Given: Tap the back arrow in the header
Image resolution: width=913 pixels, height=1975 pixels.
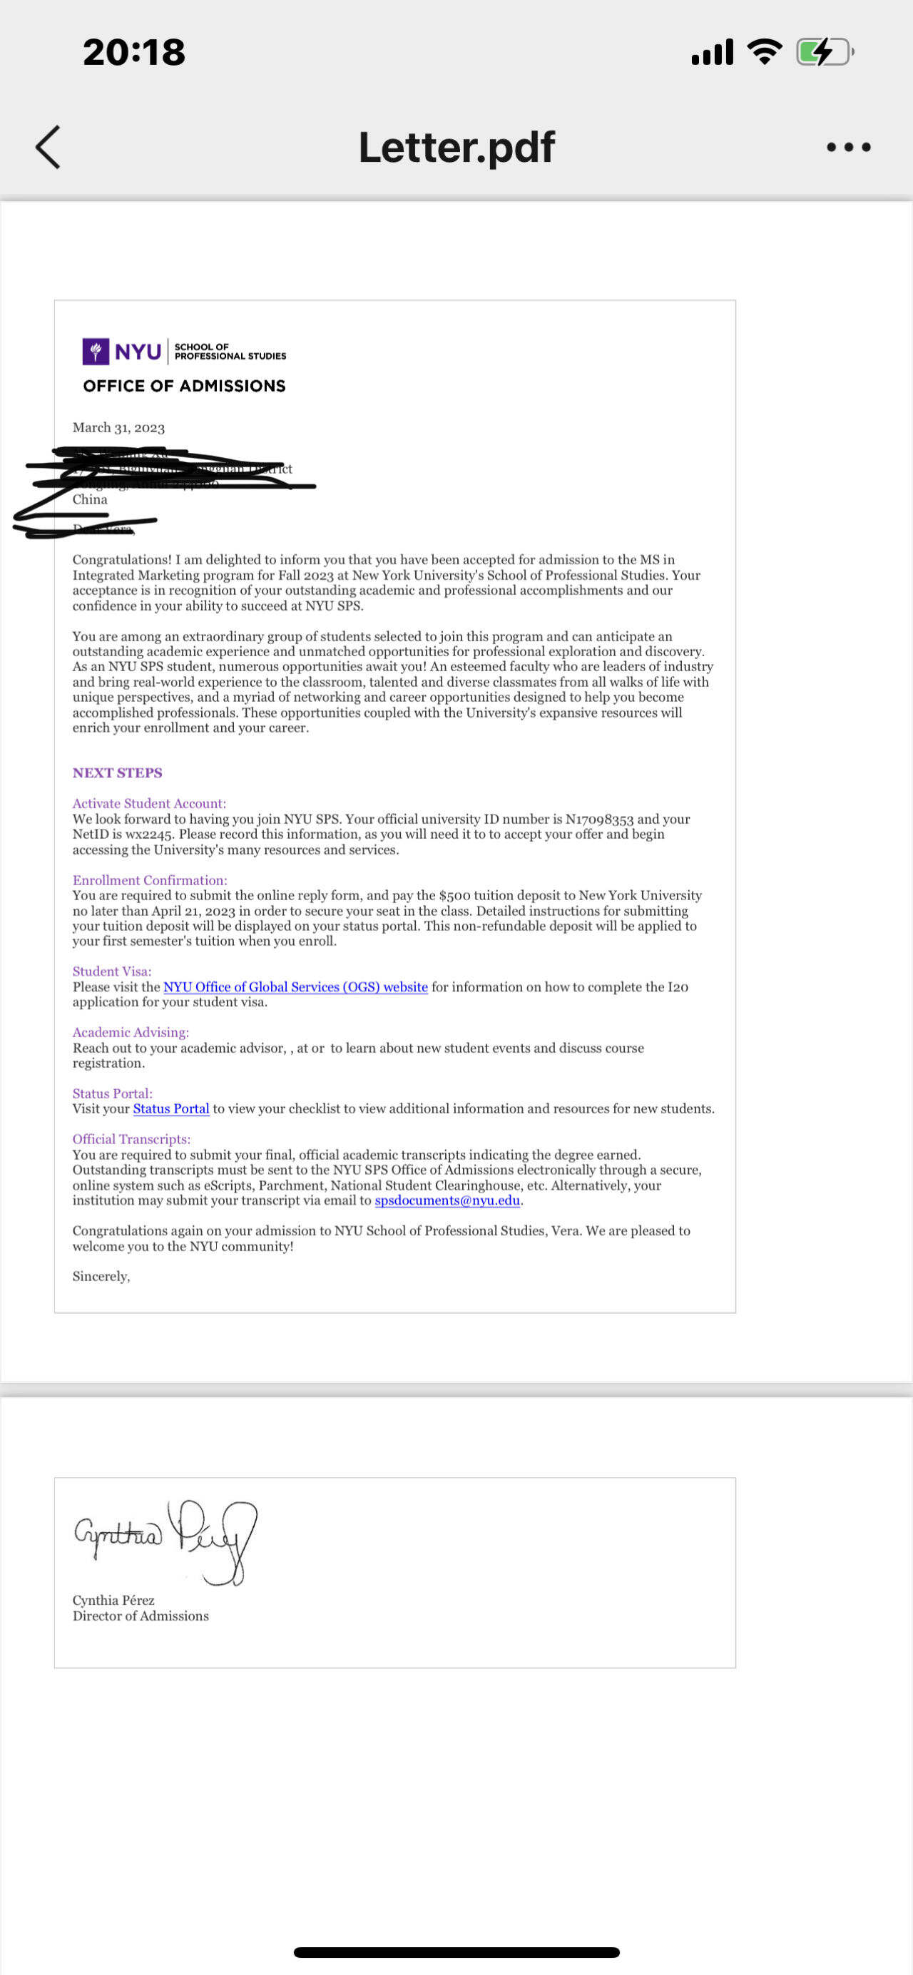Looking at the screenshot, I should pos(48,146).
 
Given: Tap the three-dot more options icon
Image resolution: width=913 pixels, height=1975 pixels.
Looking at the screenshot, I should pos(848,146).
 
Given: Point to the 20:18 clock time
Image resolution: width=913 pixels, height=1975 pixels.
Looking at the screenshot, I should pos(134,52).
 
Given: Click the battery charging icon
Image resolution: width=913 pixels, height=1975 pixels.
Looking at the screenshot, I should pos(824,52).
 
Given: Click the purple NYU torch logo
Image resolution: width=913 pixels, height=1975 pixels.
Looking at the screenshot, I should pos(95,351).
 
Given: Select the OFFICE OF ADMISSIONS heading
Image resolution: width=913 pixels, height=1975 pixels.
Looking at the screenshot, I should pos(184,386).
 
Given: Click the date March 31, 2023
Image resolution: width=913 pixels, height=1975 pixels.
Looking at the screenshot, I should pos(119,428).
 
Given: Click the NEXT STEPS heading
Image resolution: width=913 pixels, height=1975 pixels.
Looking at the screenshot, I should pos(117,773).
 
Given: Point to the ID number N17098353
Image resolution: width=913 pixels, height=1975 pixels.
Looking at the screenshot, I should pos(598,819).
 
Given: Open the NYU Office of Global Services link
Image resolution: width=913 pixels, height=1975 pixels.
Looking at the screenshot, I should pos(295,986).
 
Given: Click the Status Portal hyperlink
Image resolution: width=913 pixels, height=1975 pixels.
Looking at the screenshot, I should pos(171,1108).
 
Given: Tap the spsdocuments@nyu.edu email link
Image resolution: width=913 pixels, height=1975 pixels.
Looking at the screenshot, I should pos(447,1200).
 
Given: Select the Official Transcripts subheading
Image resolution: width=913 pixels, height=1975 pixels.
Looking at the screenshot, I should pos(131,1139).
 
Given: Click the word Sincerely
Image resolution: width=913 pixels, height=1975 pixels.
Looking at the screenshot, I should pos(101,1277).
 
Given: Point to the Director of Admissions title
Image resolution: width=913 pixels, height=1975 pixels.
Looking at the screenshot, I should pos(141,1616).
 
